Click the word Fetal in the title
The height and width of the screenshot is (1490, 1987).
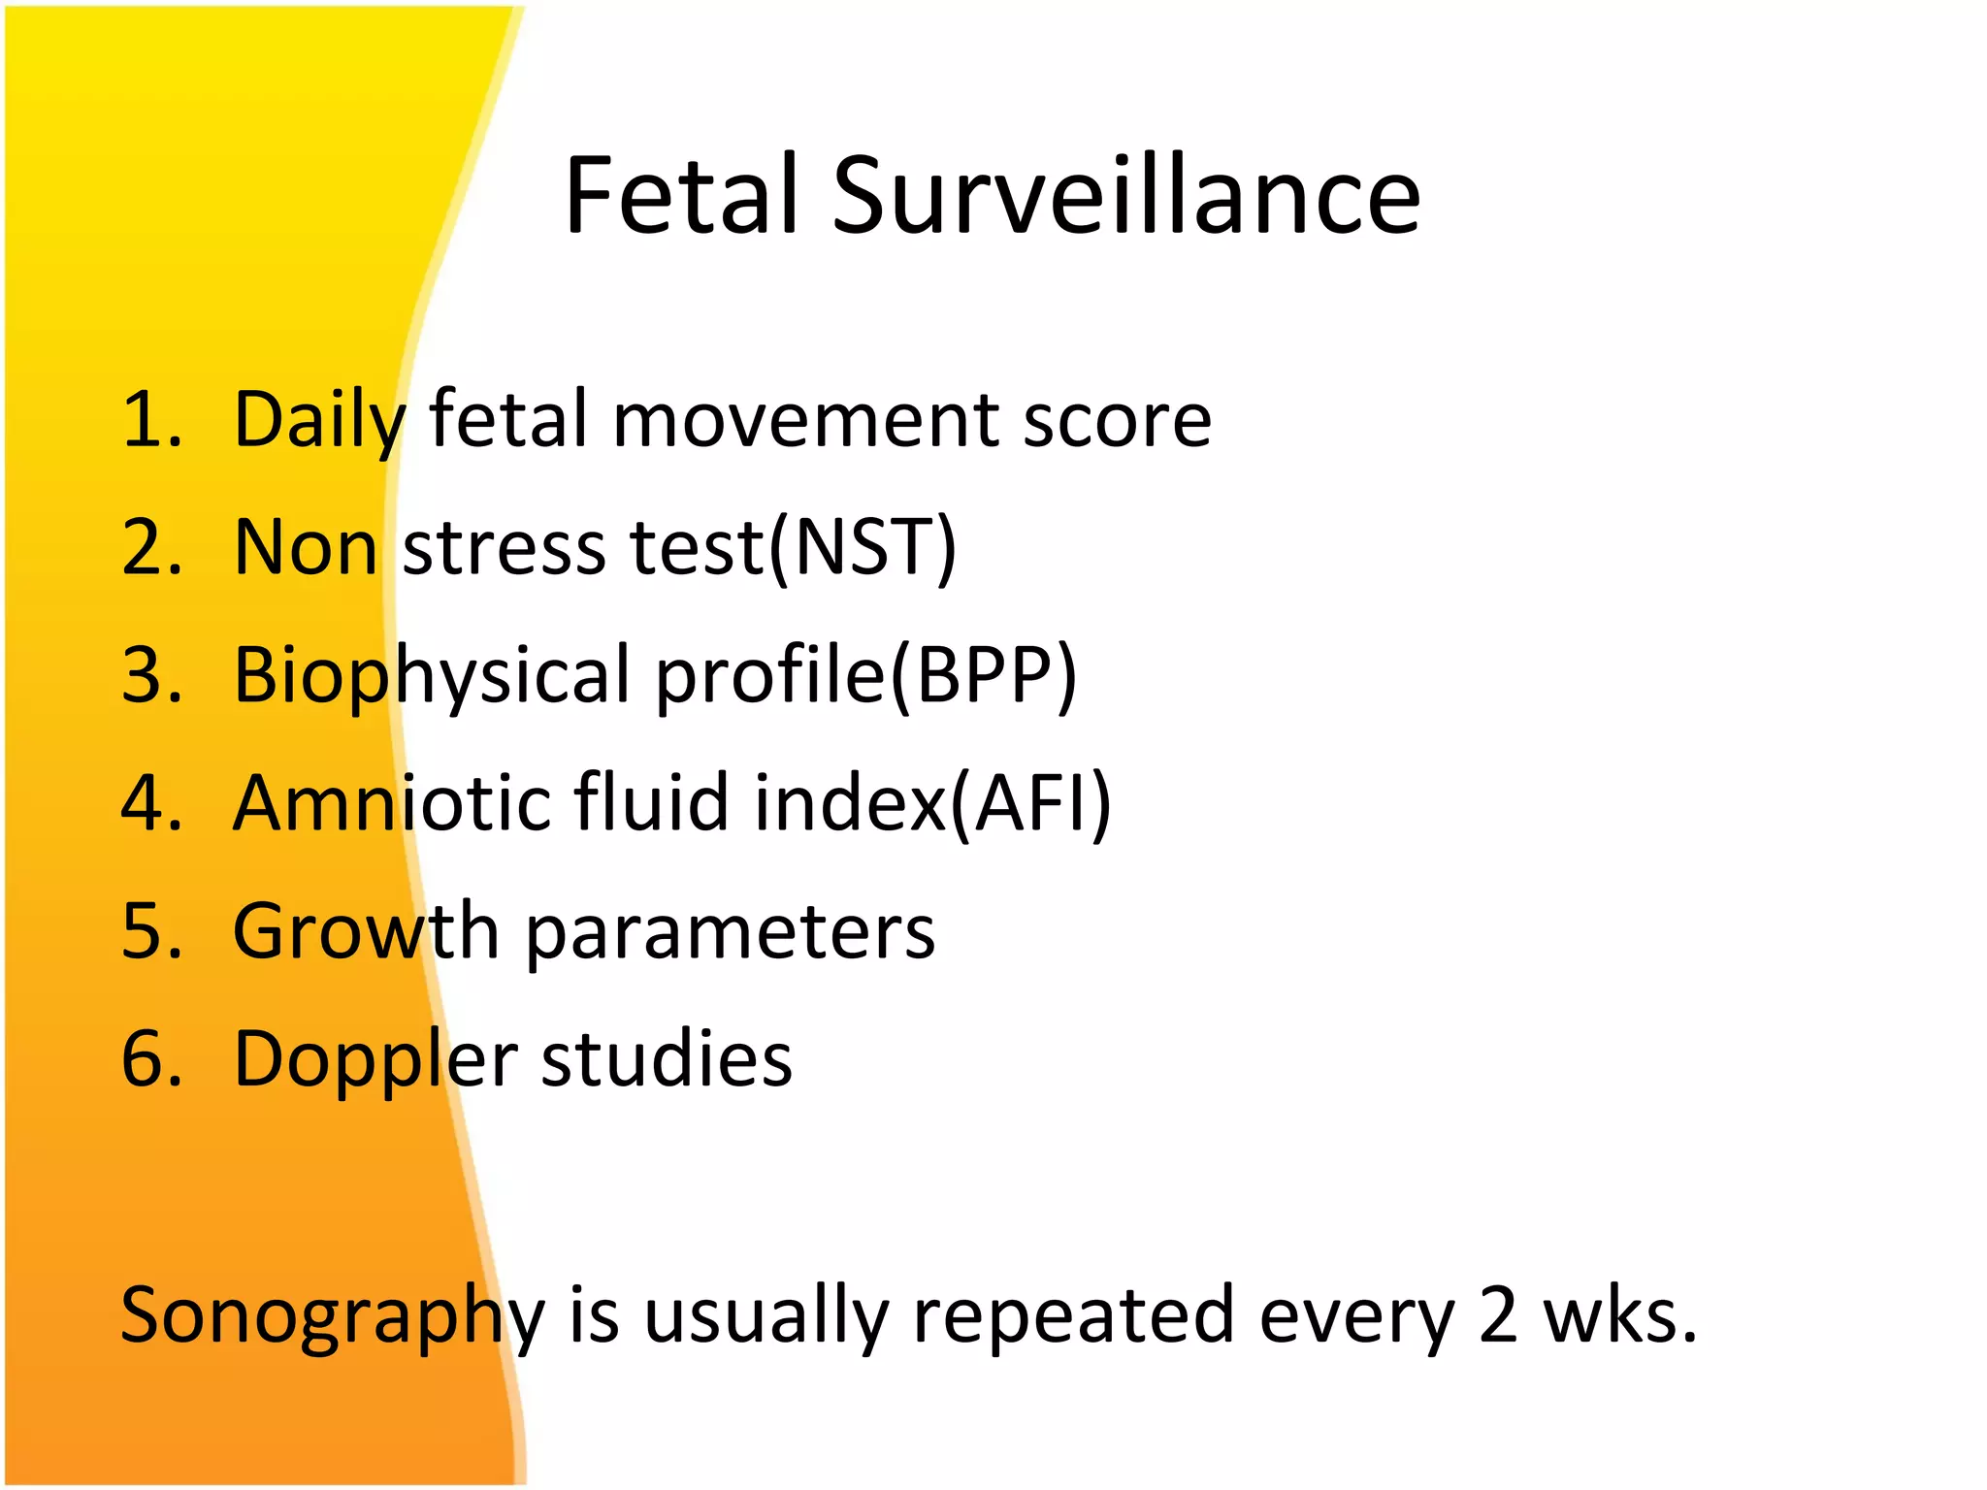pos(683,196)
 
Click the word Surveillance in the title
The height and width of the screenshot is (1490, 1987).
pos(1125,196)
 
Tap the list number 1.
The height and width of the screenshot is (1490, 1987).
pos(150,420)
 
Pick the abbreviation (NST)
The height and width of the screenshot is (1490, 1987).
pos(863,548)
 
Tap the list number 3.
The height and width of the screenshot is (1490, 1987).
pos(150,675)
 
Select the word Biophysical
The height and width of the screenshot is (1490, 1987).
pos(432,677)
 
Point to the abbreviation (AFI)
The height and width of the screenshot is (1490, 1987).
pos(1028,803)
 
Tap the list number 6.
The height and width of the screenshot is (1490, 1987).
pos(150,1058)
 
